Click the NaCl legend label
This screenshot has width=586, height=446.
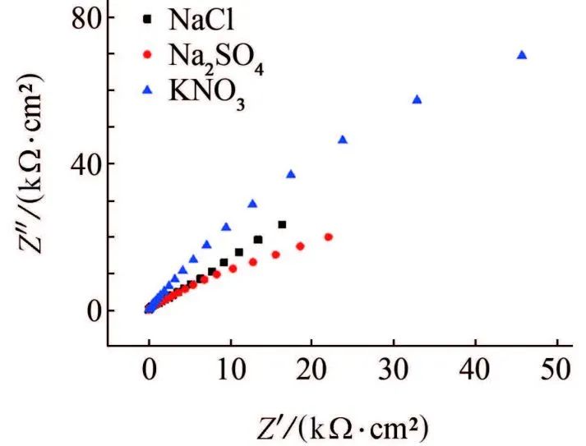201,18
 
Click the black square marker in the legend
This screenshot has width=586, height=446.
148,18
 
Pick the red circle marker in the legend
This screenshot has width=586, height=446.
148,55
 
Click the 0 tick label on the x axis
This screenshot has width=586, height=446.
148,371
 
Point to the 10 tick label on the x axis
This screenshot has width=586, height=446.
230,371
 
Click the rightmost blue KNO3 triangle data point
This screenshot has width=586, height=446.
522,55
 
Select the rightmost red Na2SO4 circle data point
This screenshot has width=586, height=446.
329,237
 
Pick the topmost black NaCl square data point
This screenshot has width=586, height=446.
282,224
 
